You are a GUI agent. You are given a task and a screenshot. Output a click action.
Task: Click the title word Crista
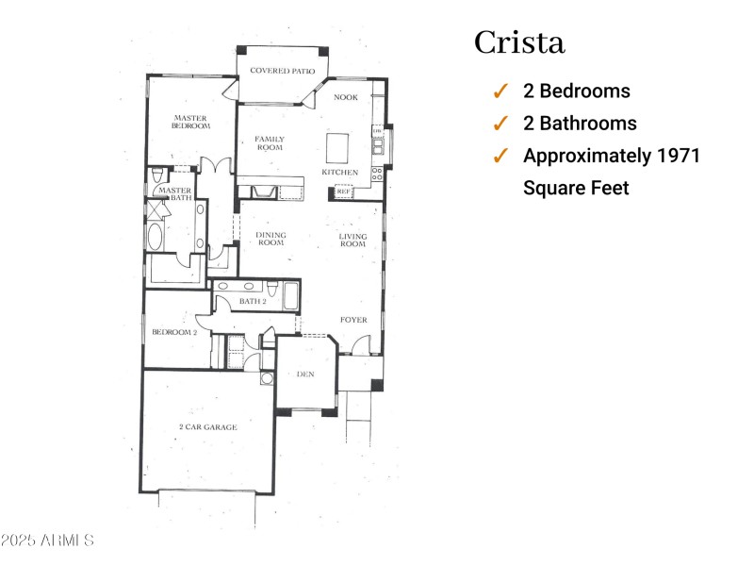(519, 43)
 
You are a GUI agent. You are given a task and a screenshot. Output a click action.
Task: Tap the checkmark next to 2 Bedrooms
(500, 92)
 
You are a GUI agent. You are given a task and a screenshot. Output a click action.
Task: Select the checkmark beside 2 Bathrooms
(500, 124)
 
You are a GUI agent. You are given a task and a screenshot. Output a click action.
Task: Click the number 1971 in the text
(679, 156)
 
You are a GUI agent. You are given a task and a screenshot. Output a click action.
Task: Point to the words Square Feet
(576, 189)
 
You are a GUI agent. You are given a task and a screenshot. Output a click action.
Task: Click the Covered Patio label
(282, 71)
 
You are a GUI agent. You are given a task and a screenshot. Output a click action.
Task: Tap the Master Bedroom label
(189, 123)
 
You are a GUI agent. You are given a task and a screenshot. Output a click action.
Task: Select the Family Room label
(270, 143)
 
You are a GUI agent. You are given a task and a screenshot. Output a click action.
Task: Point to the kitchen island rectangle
(337, 149)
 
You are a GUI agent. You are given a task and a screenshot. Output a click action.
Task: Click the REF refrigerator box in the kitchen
(343, 191)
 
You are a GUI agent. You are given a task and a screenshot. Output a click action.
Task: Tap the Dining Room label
(270, 239)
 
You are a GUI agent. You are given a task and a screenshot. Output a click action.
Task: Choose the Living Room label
(352, 240)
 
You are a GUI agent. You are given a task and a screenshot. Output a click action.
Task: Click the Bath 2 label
(252, 301)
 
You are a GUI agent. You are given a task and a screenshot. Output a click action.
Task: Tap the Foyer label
(353, 320)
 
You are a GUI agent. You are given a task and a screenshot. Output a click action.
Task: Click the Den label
(304, 375)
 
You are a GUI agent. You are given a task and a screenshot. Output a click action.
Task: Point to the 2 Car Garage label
(207, 427)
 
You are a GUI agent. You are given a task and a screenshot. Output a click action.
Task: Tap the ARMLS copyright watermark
(47, 541)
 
